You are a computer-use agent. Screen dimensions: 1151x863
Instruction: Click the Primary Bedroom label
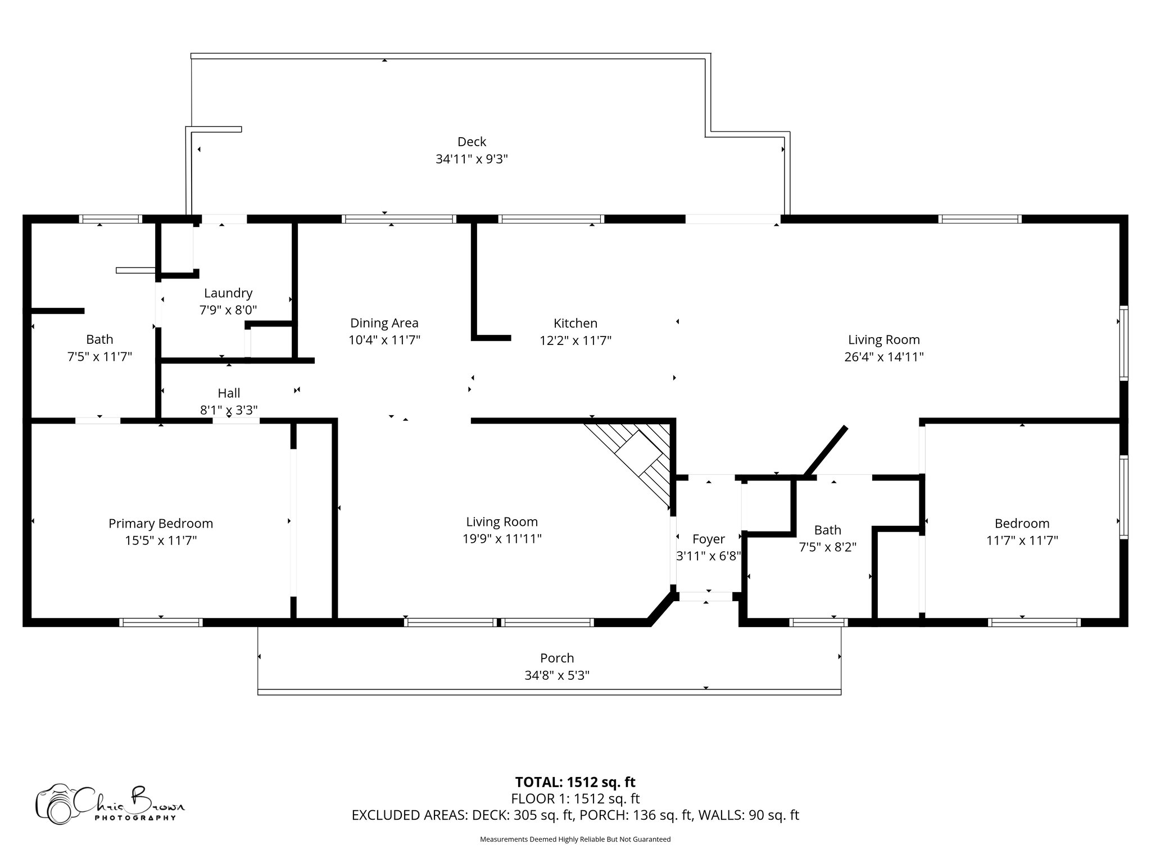[161, 524]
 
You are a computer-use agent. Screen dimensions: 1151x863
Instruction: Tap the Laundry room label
[228, 293]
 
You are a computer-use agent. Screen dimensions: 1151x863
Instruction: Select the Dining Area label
[384, 323]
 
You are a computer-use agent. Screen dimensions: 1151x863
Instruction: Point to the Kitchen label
[575, 323]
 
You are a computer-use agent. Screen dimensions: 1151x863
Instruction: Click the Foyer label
[709, 539]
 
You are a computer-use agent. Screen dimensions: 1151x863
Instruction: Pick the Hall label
[229, 393]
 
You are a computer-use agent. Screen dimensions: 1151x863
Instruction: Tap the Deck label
[472, 142]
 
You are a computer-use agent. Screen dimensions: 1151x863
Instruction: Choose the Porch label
[557, 658]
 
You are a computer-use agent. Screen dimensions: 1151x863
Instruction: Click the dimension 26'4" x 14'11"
[884, 357]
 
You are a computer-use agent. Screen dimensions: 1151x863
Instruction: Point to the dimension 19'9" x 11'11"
[502, 539]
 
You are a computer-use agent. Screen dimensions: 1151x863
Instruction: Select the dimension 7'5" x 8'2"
[828, 547]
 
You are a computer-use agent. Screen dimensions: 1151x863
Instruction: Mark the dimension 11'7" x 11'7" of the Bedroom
[1022, 540]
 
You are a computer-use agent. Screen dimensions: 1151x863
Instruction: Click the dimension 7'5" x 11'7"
[99, 357]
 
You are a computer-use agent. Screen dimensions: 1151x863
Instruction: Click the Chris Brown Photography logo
[110, 803]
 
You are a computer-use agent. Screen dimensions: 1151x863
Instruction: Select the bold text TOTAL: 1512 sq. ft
[575, 782]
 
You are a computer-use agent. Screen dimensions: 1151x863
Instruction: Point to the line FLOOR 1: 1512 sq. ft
[575, 798]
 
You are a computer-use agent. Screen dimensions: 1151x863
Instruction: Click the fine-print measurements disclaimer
[575, 839]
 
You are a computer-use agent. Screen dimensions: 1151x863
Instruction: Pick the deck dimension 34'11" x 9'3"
[472, 159]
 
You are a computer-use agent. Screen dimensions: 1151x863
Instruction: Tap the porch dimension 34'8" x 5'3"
[557, 675]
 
